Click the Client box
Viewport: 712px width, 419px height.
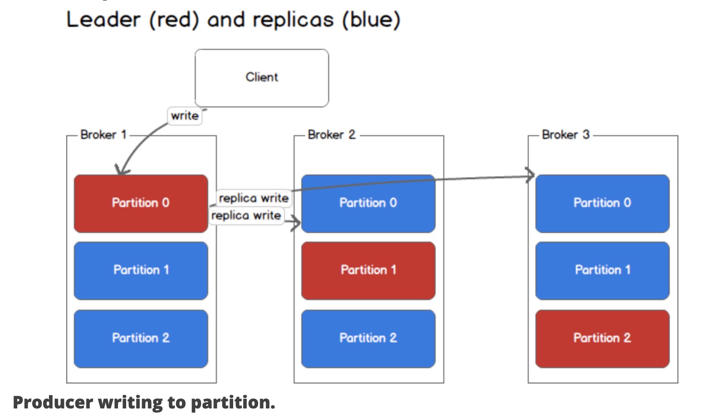261,78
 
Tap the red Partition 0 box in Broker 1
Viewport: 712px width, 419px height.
141,203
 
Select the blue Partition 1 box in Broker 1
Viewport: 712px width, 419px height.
141,271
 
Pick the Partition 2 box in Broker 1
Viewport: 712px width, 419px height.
141,338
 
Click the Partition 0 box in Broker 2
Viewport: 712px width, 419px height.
368,203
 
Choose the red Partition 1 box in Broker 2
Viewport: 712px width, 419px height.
368,271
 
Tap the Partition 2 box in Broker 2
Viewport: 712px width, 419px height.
368,338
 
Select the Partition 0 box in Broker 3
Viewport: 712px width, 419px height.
602,203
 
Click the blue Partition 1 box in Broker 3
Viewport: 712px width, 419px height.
602,271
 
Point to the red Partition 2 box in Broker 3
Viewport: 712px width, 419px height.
602,338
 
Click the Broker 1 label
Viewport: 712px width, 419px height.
103,135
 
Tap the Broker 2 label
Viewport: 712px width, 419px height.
332,135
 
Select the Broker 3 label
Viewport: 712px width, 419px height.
566,135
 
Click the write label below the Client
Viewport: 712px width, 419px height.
185,116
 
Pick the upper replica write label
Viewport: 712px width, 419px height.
254,198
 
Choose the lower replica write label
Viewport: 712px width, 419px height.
246,216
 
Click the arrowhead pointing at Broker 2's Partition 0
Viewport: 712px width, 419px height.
296,222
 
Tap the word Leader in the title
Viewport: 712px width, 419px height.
103,20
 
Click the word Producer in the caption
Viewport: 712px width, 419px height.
53,403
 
